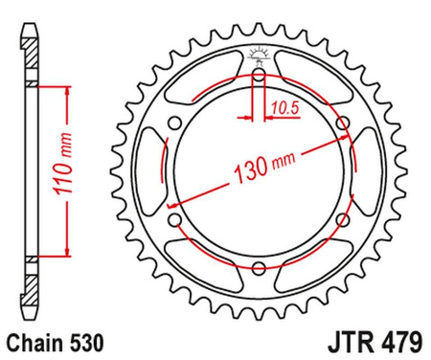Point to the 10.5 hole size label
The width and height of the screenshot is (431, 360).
(x=282, y=108)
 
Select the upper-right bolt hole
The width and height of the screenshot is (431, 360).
(x=344, y=122)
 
